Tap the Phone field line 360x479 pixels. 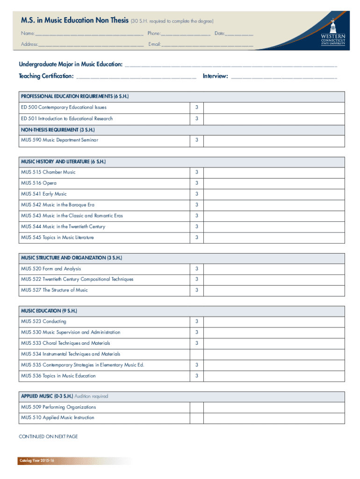(186, 35)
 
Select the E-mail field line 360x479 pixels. (208, 45)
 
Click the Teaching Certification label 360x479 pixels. (46, 76)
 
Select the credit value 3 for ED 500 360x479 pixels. (197, 108)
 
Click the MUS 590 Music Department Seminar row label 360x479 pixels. (59, 140)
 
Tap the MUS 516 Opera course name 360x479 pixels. (38, 183)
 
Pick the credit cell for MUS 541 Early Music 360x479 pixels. (197, 194)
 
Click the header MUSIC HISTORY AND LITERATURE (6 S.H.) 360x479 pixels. (63, 161)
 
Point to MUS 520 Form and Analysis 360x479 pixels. (51, 269)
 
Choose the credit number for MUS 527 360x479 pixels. (197, 290)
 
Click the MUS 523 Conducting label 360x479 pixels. (43, 321)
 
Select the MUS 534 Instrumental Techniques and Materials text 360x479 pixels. (71, 354)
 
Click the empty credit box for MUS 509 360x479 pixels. (197, 407)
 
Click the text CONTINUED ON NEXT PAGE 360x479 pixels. (48, 436)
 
